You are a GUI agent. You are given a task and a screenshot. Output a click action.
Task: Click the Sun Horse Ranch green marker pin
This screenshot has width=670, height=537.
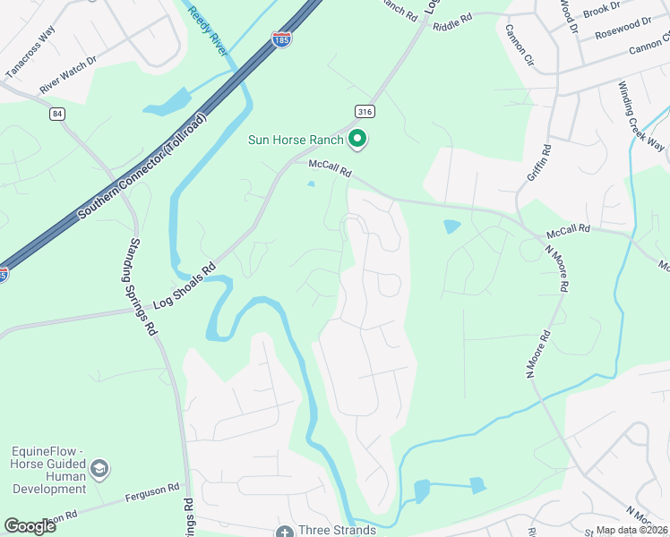357,139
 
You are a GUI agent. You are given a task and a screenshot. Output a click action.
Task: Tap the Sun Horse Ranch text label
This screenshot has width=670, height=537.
296,141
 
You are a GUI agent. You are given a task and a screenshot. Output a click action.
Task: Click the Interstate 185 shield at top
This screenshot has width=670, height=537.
281,40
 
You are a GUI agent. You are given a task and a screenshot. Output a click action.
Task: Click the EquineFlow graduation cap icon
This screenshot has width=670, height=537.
99,467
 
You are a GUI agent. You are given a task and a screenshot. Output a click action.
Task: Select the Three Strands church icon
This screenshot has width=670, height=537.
285,531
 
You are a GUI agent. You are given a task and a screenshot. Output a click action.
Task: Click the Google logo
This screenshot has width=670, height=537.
30,526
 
